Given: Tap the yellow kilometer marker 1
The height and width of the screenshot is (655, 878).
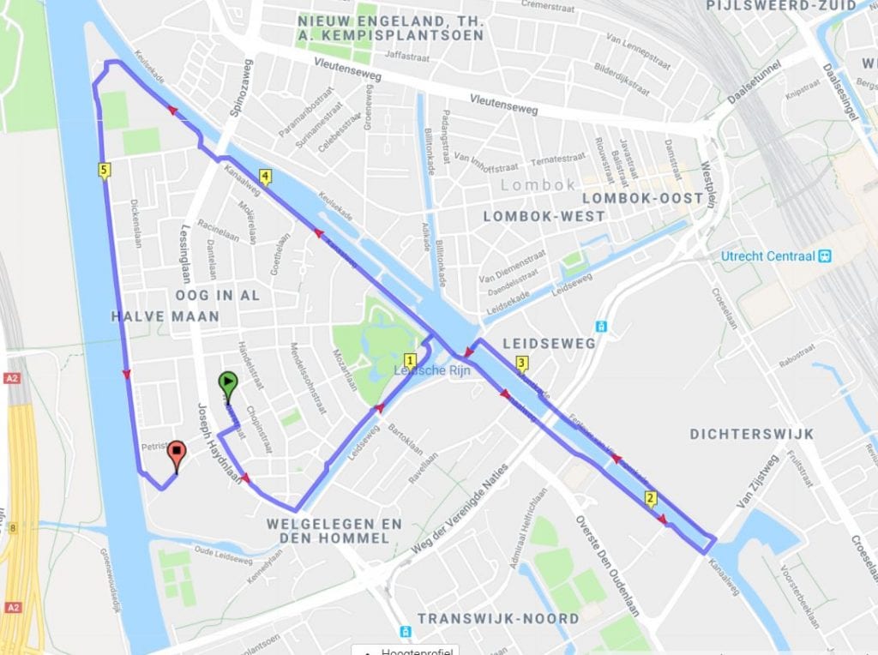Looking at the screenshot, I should [x=410, y=361].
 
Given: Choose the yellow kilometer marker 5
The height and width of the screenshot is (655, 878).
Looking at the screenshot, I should [x=104, y=171].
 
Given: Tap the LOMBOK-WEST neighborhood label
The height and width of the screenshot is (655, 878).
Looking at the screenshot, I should [x=544, y=217].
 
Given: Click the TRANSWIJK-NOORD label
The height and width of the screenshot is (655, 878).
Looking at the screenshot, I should [x=497, y=618].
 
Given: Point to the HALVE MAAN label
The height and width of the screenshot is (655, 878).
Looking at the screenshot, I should [x=165, y=316].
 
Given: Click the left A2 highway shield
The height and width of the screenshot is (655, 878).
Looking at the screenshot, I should [x=11, y=376].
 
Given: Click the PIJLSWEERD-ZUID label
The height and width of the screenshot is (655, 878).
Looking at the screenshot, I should [x=780, y=6].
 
